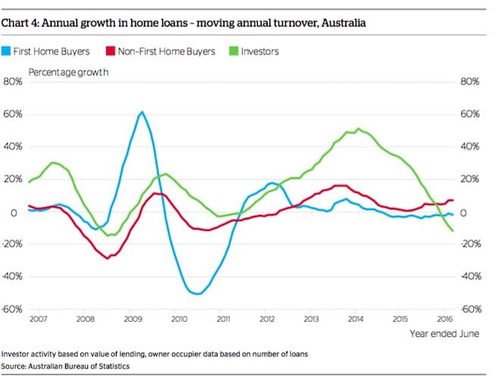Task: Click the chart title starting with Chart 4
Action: [184, 23]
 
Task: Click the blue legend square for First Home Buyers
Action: [9, 52]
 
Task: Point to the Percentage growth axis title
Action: [68, 72]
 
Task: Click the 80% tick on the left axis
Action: [13, 81]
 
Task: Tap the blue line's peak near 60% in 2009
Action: [142, 112]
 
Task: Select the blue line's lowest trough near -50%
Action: [197, 294]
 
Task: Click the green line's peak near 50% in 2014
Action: [358, 129]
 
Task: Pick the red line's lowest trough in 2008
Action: [108, 258]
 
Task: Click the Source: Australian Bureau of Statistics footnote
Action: [66, 366]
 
